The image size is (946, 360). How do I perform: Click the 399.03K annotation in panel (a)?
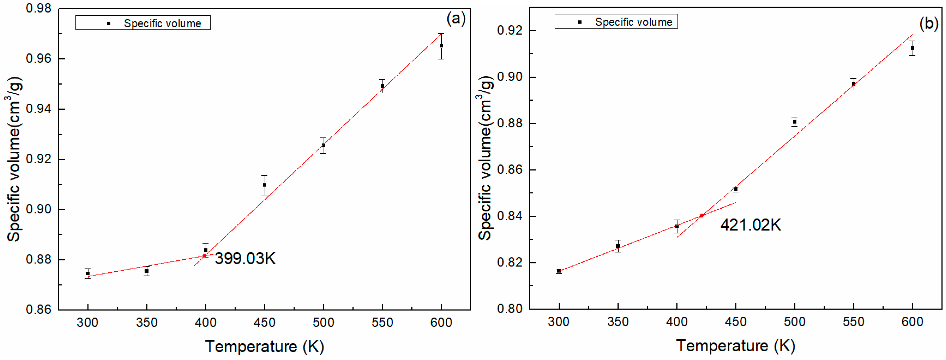click(245, 259)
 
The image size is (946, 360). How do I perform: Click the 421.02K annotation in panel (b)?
click(750, 225)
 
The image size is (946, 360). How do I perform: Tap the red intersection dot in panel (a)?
click(204, 256)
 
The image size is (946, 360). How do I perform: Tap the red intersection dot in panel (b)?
click(701, 216)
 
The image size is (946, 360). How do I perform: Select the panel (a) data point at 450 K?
click(264, 185)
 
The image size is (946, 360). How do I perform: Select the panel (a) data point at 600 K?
click(441, 46)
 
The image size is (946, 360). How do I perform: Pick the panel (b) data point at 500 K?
click(795, 122)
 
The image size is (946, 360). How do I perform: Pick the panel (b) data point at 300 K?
click(559, 271)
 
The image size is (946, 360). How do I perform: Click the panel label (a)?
click(456, 18)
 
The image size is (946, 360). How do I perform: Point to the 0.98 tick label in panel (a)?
click(38, 8)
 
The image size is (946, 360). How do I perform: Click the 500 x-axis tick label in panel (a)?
click(323, 323)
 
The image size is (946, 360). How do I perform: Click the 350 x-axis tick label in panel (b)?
click(618, 322)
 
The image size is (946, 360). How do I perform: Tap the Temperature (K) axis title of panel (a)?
click(264, 346)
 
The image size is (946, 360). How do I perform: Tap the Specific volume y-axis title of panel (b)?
click(485, 158)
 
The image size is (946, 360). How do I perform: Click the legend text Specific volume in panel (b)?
click(634, 22)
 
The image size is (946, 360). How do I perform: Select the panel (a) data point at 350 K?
click(146, 271)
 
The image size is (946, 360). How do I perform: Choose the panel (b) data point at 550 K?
click(854, 84)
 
